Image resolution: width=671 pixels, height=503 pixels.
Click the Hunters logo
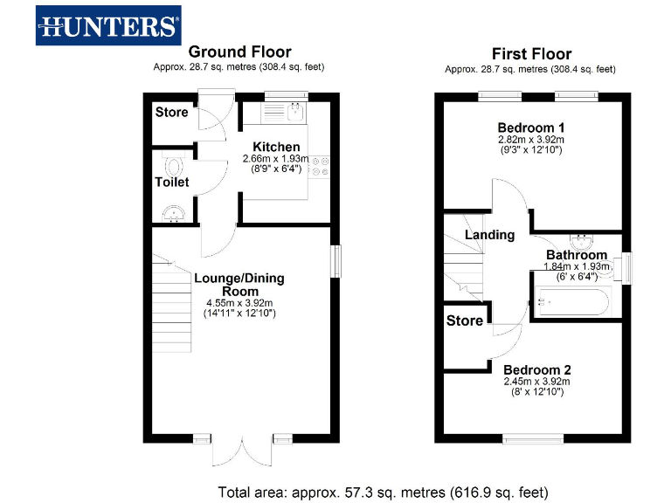pos(108,25)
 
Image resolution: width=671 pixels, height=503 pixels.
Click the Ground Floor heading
pos(239,52)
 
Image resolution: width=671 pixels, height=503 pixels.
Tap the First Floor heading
pos(531,53)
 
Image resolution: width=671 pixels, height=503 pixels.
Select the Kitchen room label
pos(276,146)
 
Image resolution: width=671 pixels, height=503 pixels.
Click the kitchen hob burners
pos(321,166)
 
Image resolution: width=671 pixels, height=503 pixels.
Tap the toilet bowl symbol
pos(173,165)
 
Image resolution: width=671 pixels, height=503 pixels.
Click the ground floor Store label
pos(172,112)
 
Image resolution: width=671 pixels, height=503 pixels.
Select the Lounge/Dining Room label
pos(239,285)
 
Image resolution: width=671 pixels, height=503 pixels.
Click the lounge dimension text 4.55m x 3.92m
pos(239,303)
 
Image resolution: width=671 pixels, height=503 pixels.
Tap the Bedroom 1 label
pos(531,127)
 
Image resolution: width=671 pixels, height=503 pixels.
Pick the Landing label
pos(489,235)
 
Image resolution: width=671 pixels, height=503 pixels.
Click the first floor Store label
pos(465,320)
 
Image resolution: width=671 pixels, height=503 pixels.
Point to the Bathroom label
pos(577,255)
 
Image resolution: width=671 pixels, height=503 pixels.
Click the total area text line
pos(383,491)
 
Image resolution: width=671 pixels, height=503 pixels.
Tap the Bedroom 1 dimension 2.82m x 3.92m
pos(531,139)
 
